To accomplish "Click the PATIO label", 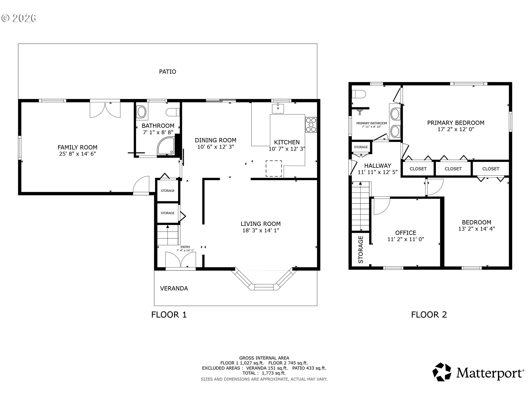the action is point(168,72).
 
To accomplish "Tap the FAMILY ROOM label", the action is point(77,147).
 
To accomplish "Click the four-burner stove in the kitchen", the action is point(311,125).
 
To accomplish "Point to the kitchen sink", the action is point(278,108).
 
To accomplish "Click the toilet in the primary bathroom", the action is point(359,95).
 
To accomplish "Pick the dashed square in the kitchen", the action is point(274,168).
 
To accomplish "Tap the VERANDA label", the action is point(174,288).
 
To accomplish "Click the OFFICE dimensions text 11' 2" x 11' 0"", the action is point(406,239).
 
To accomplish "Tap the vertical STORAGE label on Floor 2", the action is point(361,250).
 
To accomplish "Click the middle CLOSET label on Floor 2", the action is point(453,169).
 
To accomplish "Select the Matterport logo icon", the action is point(442,372).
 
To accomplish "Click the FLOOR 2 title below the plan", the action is point(429,315).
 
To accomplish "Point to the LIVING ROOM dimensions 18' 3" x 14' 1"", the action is point(261,231).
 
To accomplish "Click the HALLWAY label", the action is point(378,166).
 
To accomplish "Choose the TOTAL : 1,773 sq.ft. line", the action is point(264,373).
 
